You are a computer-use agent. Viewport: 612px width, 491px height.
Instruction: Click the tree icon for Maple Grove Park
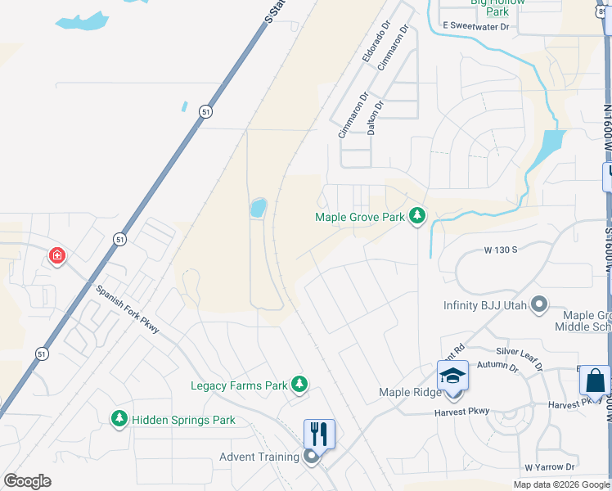pos(418,216)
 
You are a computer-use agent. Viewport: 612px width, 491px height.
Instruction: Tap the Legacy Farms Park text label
pos(238,385)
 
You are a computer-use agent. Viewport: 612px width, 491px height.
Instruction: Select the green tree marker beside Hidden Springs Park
pos(119,419)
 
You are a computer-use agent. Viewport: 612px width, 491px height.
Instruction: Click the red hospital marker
pos(56,256)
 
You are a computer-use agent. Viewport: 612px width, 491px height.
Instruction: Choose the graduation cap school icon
pos(452,375)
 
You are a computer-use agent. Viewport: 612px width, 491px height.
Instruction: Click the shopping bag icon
pos(595,381)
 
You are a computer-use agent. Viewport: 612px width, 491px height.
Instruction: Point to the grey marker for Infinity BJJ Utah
pos(538,305)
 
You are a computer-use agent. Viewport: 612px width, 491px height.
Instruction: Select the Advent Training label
pos(258,457)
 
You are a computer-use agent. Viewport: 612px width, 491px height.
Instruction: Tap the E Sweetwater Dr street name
pos(476,27)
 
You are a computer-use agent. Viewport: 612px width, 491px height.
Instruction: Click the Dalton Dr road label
pos(375,118)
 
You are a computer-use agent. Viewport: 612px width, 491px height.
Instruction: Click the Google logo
pos(27,481)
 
